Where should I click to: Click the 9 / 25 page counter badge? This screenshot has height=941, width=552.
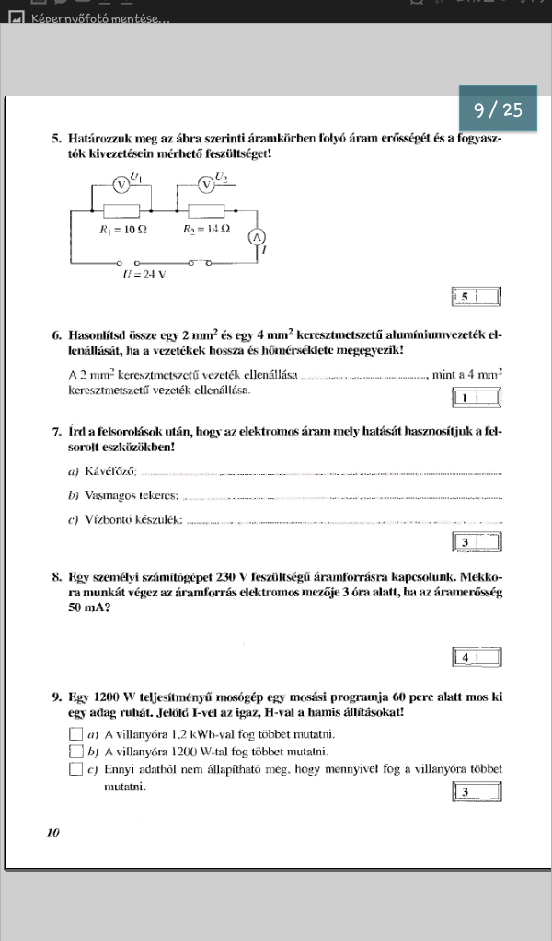(498, 110)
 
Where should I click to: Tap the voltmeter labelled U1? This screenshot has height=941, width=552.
(120, 184)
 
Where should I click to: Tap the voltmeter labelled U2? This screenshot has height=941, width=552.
(206, 184)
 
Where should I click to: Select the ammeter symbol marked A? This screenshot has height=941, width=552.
(258, 237)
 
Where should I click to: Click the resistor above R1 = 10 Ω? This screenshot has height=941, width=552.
(120, 210)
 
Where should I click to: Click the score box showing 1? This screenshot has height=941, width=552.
(476, 398)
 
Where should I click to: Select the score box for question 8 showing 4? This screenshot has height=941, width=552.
(477, 657)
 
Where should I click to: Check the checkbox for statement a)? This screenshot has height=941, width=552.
(75, 734)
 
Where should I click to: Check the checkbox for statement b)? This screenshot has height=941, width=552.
(75, 751)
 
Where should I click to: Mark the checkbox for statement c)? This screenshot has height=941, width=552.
(75, 768)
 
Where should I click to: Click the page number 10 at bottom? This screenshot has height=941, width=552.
(52, 833)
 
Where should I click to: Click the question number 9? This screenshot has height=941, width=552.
(57, 697)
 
